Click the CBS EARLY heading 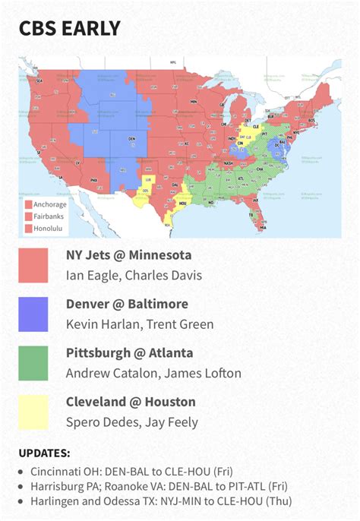coord(70,29)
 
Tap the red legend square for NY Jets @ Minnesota coord(33,265)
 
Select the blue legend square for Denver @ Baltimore coord(33,314)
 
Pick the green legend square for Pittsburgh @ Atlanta coord(33,363)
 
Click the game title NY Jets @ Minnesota coord(128,255)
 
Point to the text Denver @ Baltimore coord(127,304)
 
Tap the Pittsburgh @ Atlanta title coord(129,353)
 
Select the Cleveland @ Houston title coord(131,402)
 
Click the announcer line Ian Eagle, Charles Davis coord(134,275)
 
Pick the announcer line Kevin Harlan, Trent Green coord(140,324)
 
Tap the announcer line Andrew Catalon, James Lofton coord(153,373)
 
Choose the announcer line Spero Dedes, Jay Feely coord(131,422)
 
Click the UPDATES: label coord(44,453)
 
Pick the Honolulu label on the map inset coord(45,228)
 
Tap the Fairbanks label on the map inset coord(45,216)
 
